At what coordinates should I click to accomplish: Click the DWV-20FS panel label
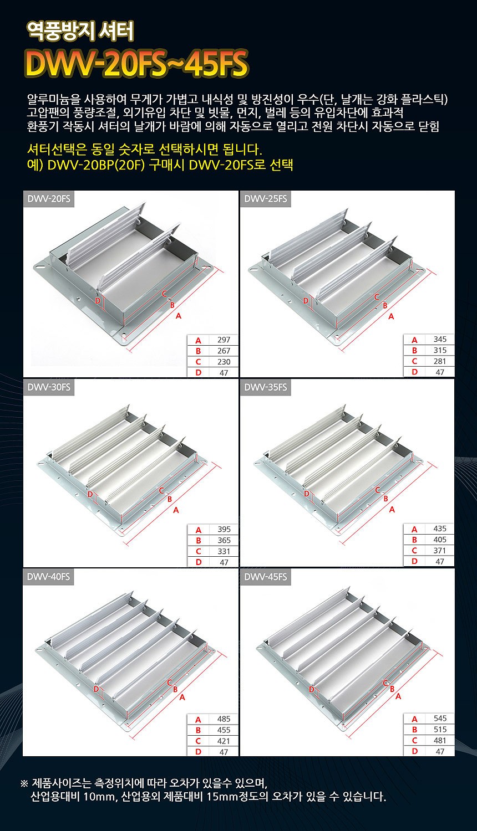tap(49, 199)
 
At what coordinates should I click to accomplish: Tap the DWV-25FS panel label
tap(266, 199)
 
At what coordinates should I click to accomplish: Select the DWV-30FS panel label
tap(49, 387)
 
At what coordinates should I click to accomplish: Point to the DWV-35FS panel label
tap(266, 387)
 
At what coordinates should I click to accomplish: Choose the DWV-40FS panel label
tap(49, 577)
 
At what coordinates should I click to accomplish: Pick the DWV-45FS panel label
tap(266, 577)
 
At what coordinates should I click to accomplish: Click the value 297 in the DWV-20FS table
tap(224, 340)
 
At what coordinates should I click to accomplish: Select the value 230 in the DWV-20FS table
tap(224, 362)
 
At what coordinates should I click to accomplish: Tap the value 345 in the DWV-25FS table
tap(440, 339)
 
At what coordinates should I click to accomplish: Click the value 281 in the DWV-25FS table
tap(440, 361)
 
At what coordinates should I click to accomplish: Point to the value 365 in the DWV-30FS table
tap(224, 540)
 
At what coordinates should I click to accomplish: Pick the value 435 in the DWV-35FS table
tap(440, 529)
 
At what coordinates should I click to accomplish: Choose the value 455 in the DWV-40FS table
tap(224, 730)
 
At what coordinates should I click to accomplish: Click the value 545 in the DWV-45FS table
tap(440, 718)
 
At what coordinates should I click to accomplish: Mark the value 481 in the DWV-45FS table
tap(440, 740)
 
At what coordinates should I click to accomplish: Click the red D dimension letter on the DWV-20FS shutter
tap(97, 300)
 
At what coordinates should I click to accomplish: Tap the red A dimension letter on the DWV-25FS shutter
tap(391, 316)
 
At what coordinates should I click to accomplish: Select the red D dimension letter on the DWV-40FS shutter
tap(96, 689)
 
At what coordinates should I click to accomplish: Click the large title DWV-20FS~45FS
tap(136, 64)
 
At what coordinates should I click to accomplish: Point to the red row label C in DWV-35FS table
tap(414, 550)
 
